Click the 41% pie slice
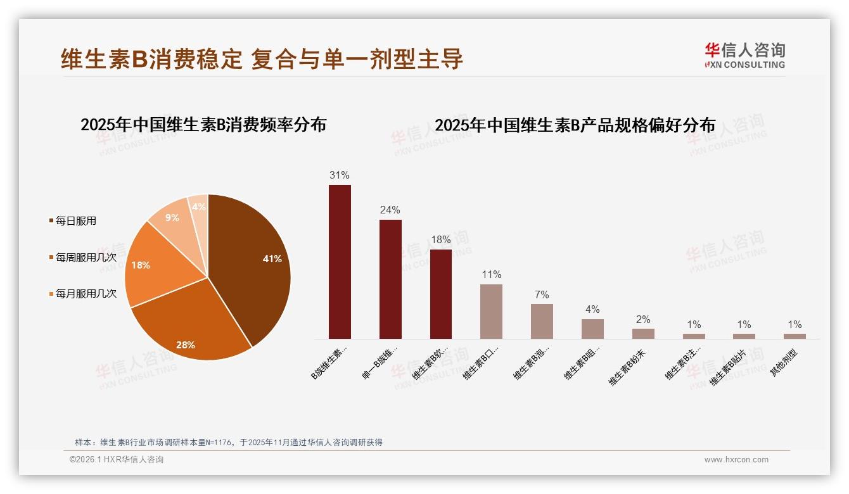point(253,266)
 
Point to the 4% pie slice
point(198,208)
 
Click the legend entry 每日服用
point(75,221)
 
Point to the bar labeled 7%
point(542,321)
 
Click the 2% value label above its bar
point(643,320)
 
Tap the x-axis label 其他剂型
point(784,363)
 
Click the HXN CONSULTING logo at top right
point(744,56)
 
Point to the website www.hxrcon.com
point(736,460)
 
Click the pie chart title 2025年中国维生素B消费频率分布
point(203,125)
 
